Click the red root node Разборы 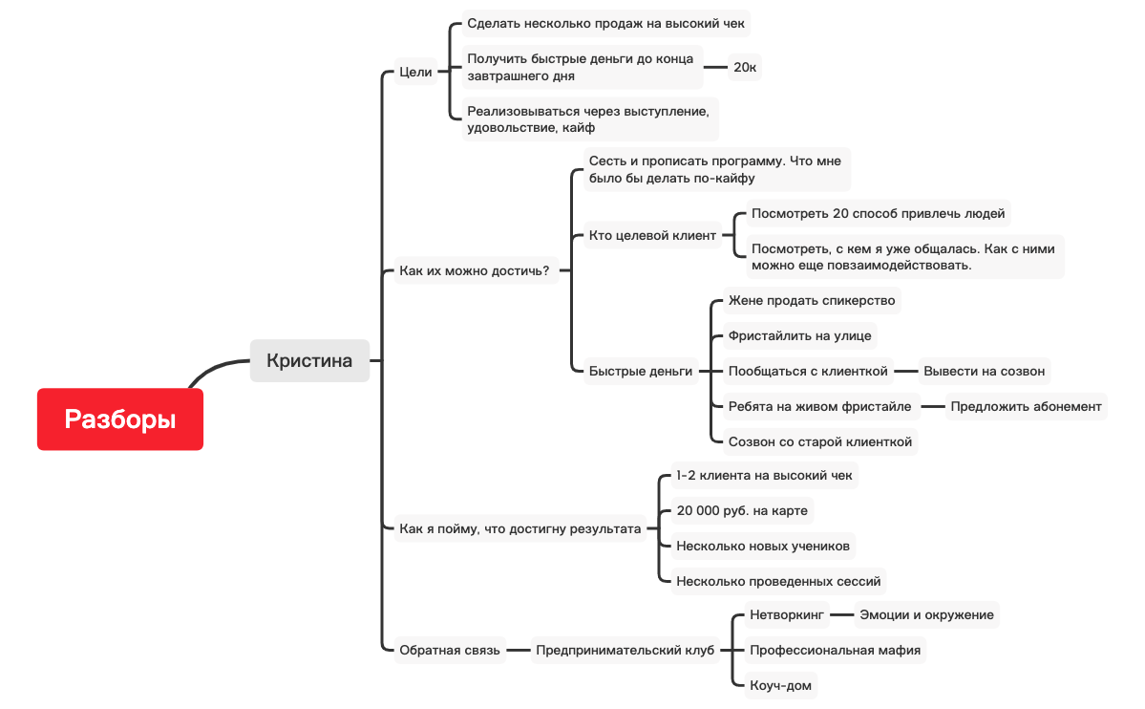pyautogui.click(x=120, y=419)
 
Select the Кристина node pyautogui.click(x=309, y=360)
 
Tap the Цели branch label pyautogui.click(x=415, y=72)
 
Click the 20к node pyautogui.click(x=745, y=67)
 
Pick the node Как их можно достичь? pyautogui.click(x=474, y=270)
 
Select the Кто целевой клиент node pyautogui.click(x=652, y=235)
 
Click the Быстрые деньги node pyautogui.click(x=640, y=371)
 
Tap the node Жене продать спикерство pyautogui.click(x=811, y=300)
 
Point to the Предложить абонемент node pyautogui.click(x=1026, y=406)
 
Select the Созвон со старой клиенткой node pyautogui.click(x=819, y=441)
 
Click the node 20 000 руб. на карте pyautogui.click(x=741, y=510)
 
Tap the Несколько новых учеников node pyautogui.click(x=761, y=546)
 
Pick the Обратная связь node pyautogui.click(x=449, y=650)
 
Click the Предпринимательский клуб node pyautogui.click(x=625, y=650)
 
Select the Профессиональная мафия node pyautogui.click(x=835, y=650)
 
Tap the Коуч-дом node pyautogui.click(x=781, y=685)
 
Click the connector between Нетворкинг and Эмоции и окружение pyautogui.click(x=841, y=614)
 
